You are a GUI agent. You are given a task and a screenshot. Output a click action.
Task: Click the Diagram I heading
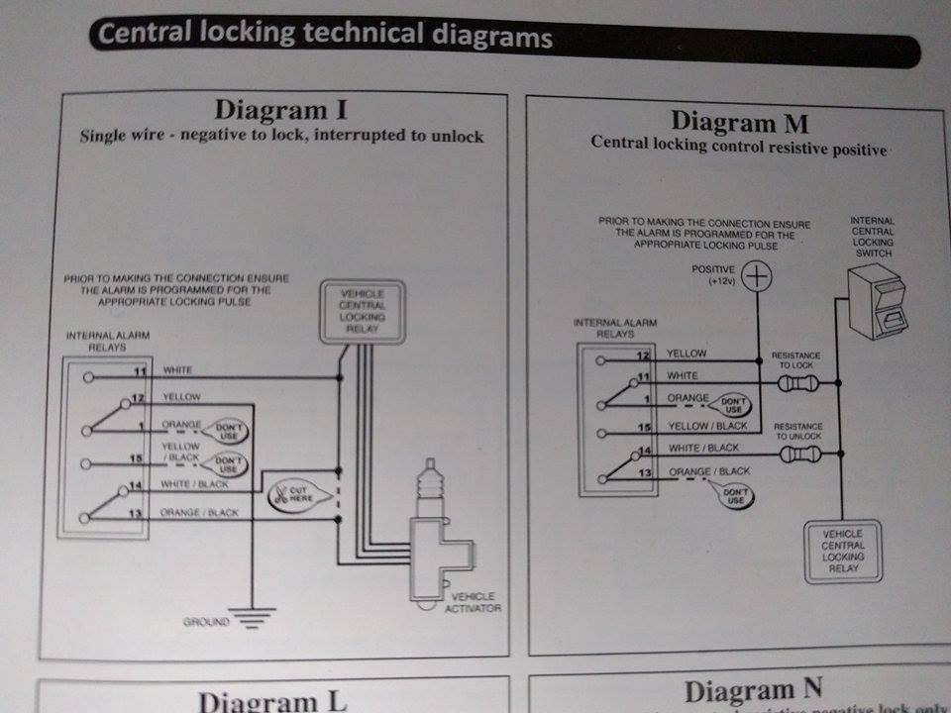coord(280,110)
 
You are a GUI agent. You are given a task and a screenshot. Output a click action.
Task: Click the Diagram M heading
coord(739,123)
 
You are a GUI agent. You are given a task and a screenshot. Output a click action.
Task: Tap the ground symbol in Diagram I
coord(254,621)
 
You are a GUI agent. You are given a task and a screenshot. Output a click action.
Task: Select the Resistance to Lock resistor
coord(798,381)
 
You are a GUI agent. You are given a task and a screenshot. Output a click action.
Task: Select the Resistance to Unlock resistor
coord(798,455)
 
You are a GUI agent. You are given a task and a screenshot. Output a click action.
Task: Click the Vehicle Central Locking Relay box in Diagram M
coord(842,551)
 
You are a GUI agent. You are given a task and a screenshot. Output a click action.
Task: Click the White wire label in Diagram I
coord(178,370)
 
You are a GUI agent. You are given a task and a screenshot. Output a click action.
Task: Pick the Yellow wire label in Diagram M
coord(687,354)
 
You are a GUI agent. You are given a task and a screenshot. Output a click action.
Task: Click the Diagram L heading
coord(273,701)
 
